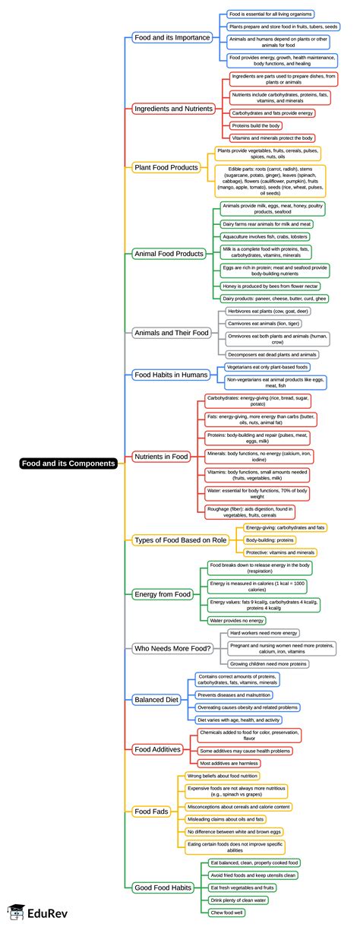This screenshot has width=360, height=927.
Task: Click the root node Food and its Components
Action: [x=69, y=463]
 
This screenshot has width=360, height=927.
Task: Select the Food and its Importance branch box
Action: [x=172, y=36]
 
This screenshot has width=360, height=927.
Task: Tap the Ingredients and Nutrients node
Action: [x=173, y=109]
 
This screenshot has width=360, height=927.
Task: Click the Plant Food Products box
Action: [x=166, y=167]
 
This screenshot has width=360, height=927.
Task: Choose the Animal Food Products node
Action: [x=169, y=253]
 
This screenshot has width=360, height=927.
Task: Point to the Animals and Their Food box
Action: [x=171, y=333]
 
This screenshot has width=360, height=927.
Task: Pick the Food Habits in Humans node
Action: [x=171, y=375]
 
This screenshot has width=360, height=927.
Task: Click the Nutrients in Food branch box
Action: [x=160, y=457]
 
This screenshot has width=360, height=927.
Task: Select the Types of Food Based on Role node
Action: [x=181, y=539]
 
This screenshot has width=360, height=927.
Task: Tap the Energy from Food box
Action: [x=162, y=594]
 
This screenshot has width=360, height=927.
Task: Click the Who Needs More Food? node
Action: [x=171, y=648]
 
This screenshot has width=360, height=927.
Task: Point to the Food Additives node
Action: [x=157, y=749]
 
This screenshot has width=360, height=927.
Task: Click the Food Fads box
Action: [x=150, y=811]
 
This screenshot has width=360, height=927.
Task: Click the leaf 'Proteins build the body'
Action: [x=256, y=125]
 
